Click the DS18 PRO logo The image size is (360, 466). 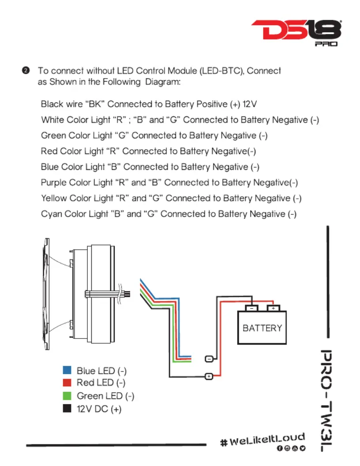point(296,33)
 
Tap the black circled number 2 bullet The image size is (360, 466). point(26,71)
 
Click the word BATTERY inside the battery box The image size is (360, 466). point(262,328)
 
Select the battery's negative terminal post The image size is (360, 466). point(251,308)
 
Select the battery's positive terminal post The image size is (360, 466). point(273,308)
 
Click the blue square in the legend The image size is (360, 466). point(67,370)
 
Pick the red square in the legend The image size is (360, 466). point(67,383)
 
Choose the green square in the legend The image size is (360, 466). point(67,395)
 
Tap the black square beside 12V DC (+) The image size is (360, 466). point(67,408)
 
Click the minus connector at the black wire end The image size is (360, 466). point(209,359)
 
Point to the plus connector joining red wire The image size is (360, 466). point(209,376)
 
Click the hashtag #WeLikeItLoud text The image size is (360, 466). point(262,439)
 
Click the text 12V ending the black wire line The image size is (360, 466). point(250,104)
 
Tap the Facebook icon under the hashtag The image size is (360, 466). point(280,448)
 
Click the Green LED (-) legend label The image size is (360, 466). point(105,396)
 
